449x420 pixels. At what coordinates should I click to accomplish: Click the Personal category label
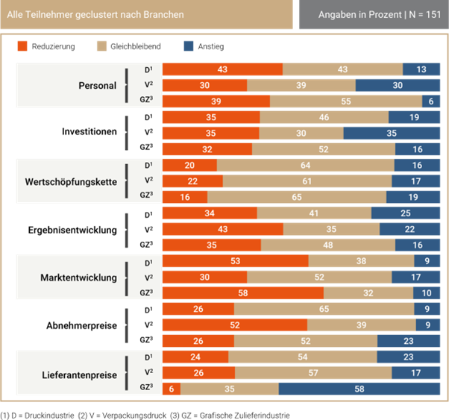[x=98, y=86]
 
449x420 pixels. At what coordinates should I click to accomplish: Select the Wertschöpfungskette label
[x=71, y=181]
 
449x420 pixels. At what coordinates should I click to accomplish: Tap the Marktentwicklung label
[x=78, y=278]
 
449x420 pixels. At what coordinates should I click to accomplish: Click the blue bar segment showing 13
[x=421, y=69]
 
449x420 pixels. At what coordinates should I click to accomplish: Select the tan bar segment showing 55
[x=345, y=101]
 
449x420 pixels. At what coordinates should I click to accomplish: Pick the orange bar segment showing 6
[x=171, y=389]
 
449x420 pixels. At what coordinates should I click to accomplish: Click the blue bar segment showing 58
[x=359, y=389]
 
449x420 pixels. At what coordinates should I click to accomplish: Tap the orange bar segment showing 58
[x=242, y=293]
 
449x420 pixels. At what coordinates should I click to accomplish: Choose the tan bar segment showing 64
[x=305, y=166]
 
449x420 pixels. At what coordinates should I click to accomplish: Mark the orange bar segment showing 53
[x=235, y=262]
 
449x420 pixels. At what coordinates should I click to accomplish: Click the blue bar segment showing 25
[x=406, y=214]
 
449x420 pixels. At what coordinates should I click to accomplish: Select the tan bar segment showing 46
[x=324, y=118]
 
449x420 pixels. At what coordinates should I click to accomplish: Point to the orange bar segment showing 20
[x=189, y=166]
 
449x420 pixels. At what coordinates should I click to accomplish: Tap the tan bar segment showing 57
[x=313, y=372]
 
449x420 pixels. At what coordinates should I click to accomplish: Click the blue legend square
[x=189, y=46]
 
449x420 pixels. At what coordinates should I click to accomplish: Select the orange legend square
[x=22, y=46]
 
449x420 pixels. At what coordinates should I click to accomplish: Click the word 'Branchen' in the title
[x=164, y=15]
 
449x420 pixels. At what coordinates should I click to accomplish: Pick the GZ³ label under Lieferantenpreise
[x=146, y=388]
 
